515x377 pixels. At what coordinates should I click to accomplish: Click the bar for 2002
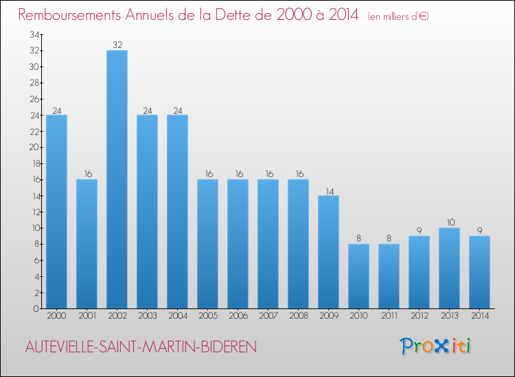point(117,179)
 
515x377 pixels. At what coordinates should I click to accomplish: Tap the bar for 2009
point(328,252)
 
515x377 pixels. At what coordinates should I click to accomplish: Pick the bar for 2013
point(449,268)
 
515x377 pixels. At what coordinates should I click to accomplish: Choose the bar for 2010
point(358,276)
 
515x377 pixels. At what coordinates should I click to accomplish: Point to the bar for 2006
point(238,243)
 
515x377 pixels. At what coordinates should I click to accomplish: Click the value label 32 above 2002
point(117,45)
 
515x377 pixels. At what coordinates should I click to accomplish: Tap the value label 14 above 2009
point(328,191)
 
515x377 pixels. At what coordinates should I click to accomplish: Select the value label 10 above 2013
point(449,223)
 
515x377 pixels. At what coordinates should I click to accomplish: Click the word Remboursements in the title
point(76,15)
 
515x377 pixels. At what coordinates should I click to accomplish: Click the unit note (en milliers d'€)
point(398,16)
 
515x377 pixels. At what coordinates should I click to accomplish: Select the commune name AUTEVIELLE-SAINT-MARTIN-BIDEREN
point(141,348)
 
